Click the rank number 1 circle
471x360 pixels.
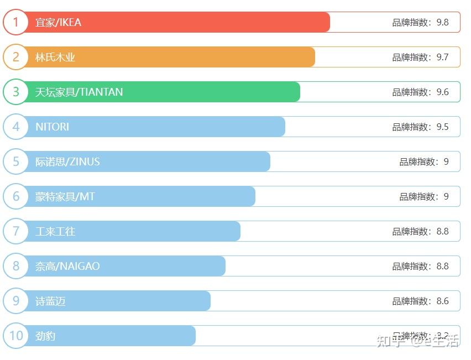[15, 22]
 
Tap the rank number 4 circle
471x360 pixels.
[15, 127]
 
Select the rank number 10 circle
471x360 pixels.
[15, 336]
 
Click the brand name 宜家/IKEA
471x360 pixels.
[58, 22]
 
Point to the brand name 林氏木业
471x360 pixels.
[55, 57]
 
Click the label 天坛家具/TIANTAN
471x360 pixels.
[79, 92]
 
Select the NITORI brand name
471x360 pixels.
[53, 127]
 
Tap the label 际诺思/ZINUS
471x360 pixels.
[67, 161]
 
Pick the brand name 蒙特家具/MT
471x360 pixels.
[65, 196]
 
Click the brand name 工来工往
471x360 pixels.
[55, 231]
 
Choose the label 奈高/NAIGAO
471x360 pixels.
[67, 266]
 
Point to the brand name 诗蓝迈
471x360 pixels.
[50, 301]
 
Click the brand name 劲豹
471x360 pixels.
[45, 336]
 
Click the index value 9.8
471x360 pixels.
[442, 22]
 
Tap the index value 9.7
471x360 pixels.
[442, 57]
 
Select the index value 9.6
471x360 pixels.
[442, 92]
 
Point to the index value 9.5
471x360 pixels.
[442, 127]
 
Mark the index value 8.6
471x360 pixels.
[442, 301]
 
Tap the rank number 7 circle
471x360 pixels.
[15, 231]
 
